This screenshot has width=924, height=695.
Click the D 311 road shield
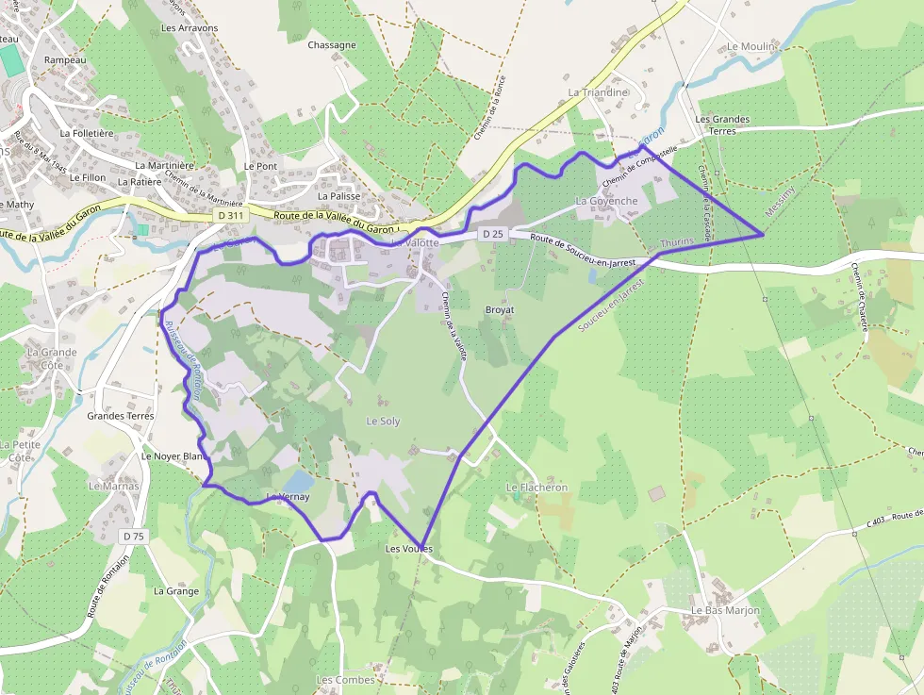(228, 216)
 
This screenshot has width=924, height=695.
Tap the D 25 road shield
(491, 233)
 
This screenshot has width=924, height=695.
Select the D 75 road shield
(134, 536)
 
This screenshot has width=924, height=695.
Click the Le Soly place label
(383, 421)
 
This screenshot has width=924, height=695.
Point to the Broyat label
(499, 309)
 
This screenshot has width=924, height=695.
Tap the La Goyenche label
(606, 201)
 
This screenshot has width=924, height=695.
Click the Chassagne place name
(332, 44)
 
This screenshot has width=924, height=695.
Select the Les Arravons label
(190, 28)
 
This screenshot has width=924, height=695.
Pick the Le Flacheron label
(537, 488)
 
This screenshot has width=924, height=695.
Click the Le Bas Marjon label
(725, 610)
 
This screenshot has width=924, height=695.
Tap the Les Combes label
(345, 680)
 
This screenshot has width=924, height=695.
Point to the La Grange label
(176, 591)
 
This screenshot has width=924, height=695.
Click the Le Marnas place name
(114, 487)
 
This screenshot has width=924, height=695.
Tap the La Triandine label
(598, 92)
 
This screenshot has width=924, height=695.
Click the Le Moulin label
(751, 46)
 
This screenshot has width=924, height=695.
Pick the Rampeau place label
(65, 59)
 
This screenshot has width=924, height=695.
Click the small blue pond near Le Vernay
(298, 482)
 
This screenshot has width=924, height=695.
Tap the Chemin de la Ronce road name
(490, 108)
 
